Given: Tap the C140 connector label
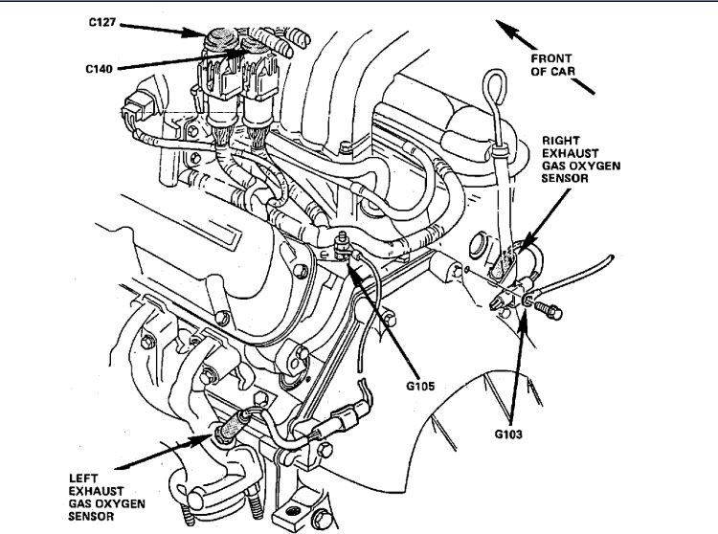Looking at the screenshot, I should tap(103, 68).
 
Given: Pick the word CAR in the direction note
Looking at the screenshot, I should tap(576, 71).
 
